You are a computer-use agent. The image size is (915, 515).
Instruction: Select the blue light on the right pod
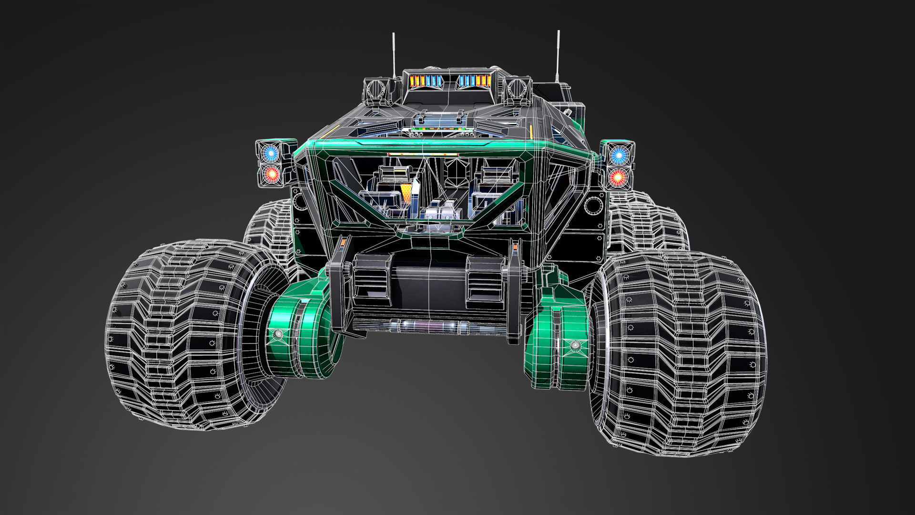[x=619, y=154]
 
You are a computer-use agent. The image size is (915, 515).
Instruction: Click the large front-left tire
[x=186, y=334]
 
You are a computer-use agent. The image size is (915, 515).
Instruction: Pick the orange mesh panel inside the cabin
[x=406, y=192]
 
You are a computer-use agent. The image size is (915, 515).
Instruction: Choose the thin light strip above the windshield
[x=423, y=154]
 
